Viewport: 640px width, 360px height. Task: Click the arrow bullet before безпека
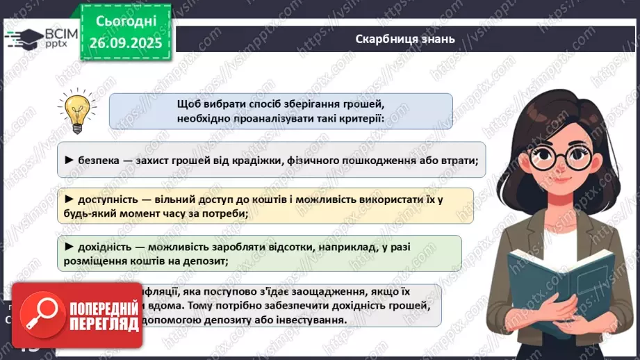click(x=69, y=161)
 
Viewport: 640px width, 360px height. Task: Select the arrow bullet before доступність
click(x=69, y=199)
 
